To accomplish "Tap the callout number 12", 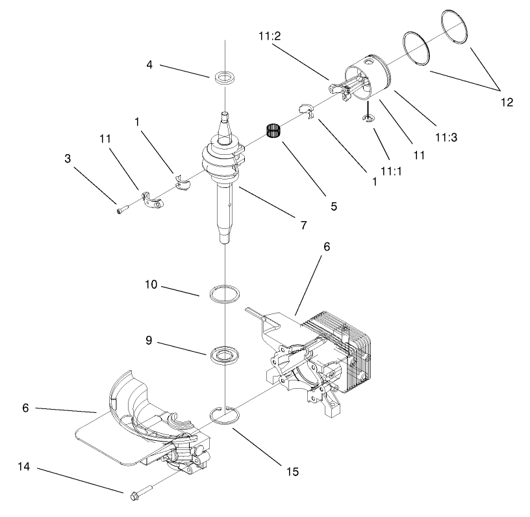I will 507,102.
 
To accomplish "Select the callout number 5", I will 333,206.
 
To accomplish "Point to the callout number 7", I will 303,225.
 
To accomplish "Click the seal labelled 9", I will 225,355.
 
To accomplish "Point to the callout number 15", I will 294,471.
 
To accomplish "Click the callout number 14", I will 24,467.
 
